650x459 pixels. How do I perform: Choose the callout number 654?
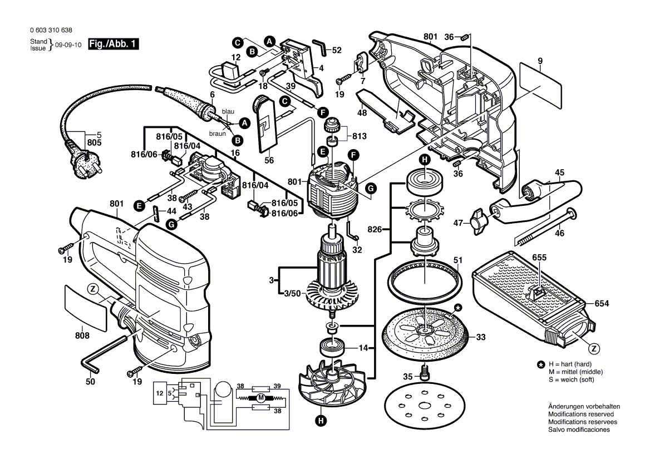click(x=602, y=304)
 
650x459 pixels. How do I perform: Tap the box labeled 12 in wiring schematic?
click(x=160, y=393)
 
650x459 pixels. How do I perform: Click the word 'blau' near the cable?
click(x=228, y=112)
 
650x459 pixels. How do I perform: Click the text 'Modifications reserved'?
click(x=580, y=414)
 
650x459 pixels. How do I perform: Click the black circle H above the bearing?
click(x=424, y=160)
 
